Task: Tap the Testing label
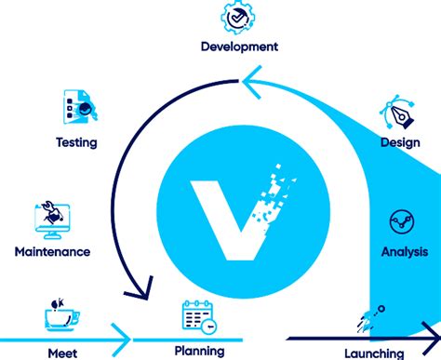(x=75, y=142)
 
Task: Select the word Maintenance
(x=52, y=251)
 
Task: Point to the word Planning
(x=199, y=351)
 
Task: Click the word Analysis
(x=405, y=251)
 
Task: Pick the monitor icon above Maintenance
(x=54, y=218)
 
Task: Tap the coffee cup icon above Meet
(x=60, y=316)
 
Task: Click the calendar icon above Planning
(x=198, y=317)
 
